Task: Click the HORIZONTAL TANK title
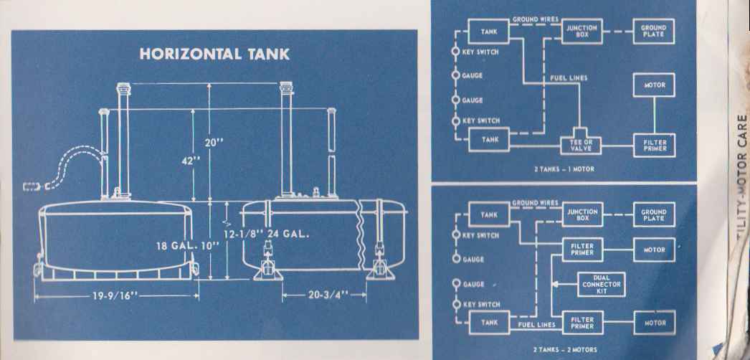(214, 55)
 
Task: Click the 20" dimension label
(214, 143)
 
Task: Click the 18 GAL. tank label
(176, 246)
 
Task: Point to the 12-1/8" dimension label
(243, 234)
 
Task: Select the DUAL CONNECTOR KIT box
(601, 285)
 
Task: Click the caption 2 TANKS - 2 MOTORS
(565, 349)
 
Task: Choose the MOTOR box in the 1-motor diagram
(653, 85)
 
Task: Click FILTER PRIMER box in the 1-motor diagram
(653, 146)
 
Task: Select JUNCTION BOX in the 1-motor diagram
(582, 31)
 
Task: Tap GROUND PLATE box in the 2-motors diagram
(653, 214)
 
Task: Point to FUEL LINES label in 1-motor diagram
(569, 77)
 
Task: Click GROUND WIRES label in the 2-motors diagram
(535, 203)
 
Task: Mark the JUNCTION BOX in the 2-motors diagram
(582, 214)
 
